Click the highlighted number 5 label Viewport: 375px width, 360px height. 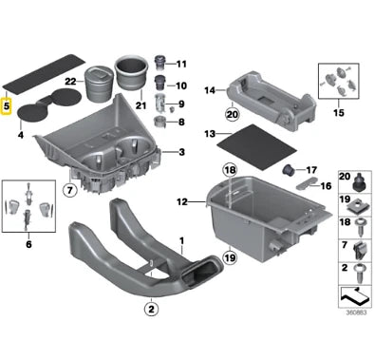tap(8, 107)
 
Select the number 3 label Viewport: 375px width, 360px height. tap(182, 152)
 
